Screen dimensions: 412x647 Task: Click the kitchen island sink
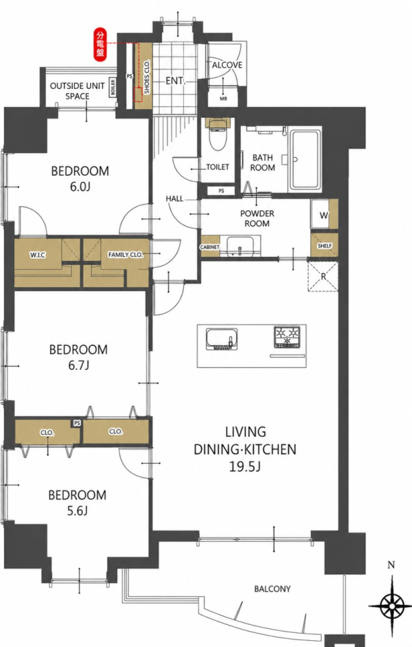point(223,339)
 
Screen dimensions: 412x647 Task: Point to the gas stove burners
point(287,336)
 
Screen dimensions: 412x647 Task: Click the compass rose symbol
point(391,606)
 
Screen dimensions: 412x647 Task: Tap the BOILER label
point(113,87)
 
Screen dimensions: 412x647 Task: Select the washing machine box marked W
point(324,215)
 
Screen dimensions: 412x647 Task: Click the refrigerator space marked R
point(323,276)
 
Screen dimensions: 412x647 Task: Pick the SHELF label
point(324,245)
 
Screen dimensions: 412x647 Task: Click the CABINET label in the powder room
point(210,247)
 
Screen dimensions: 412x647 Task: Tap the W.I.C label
point(38,255)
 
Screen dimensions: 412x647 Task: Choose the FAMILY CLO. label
point(125,255)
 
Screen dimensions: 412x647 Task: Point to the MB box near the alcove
point(223,98)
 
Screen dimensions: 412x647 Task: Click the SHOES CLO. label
point(147,77)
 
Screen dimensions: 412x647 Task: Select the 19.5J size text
point(245,467)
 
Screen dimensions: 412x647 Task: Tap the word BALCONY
point(272,589)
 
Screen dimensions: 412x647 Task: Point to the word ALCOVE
point(227,65)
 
